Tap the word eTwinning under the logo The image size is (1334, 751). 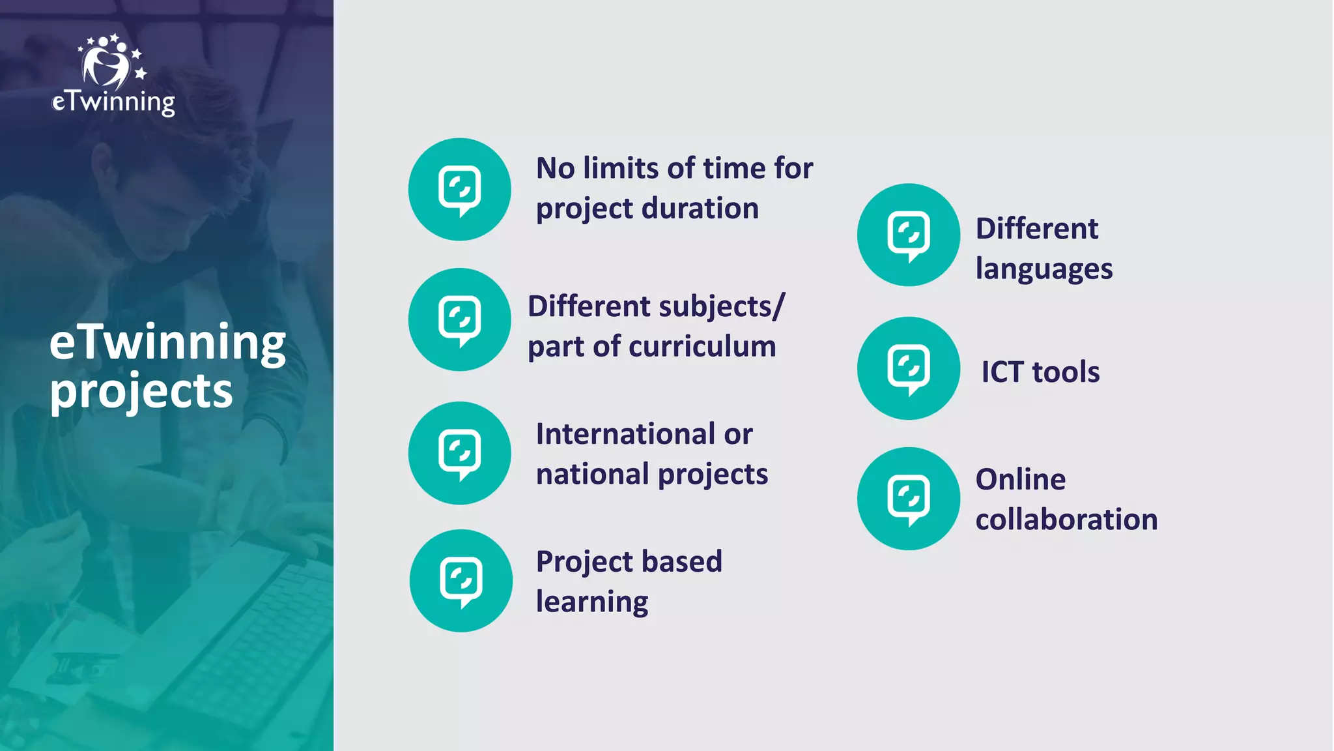coord(113,102)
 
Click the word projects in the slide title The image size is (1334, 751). coord(141,391)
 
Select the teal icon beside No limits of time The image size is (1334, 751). coord(460,189)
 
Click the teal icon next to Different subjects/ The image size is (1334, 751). coord(460,319)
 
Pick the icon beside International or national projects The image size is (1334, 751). coord(460,453)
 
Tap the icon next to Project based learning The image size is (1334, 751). coord(461,580)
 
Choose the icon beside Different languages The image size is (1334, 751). coord(909,235)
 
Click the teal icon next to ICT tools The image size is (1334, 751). coord(909,368)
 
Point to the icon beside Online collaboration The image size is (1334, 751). coord(909,499)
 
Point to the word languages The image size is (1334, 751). coord(1044,269)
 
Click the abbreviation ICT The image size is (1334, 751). coord(1002,372)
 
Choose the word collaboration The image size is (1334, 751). coord(1066,520)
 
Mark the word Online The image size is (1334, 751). coord(1021,480)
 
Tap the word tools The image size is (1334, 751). coord(1066,372)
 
